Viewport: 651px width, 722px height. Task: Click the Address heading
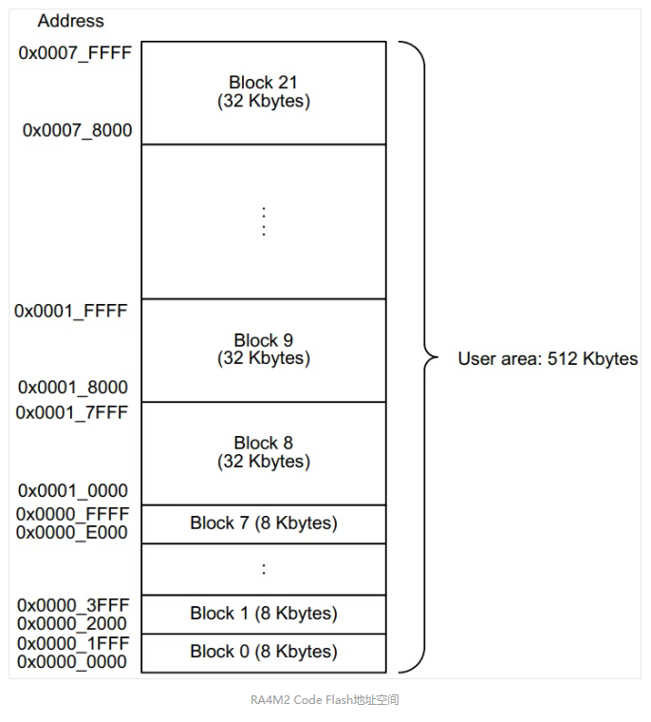tap(71, 21)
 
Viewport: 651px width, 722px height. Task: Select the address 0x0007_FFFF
tap(75, 53)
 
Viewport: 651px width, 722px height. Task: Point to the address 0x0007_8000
tap(77, 130)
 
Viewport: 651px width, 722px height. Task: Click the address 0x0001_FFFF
tap(71, 312)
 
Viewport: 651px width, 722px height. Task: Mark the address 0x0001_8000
tap(73, 388)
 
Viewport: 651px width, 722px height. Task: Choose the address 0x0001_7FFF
tap(71, 413)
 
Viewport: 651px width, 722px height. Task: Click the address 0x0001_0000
tap(73, 491)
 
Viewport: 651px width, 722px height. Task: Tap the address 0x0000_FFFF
tap(73, 514)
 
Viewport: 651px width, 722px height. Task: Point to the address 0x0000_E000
tap(72, 533)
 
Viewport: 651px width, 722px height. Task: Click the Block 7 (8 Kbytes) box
tap(264, 524)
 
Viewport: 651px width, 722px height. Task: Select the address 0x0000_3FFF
tap(73, 605)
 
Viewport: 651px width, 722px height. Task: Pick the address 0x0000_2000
tap(72, 624)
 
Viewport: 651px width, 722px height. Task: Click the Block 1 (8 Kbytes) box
tap(264, 615)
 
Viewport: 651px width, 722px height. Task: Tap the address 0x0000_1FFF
tap(73, 644)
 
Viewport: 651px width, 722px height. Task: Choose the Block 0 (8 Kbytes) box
tap(264, 654)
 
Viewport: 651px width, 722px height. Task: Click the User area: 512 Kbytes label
tap(548, 359)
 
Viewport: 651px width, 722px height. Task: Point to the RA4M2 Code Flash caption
tap(325, 700)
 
